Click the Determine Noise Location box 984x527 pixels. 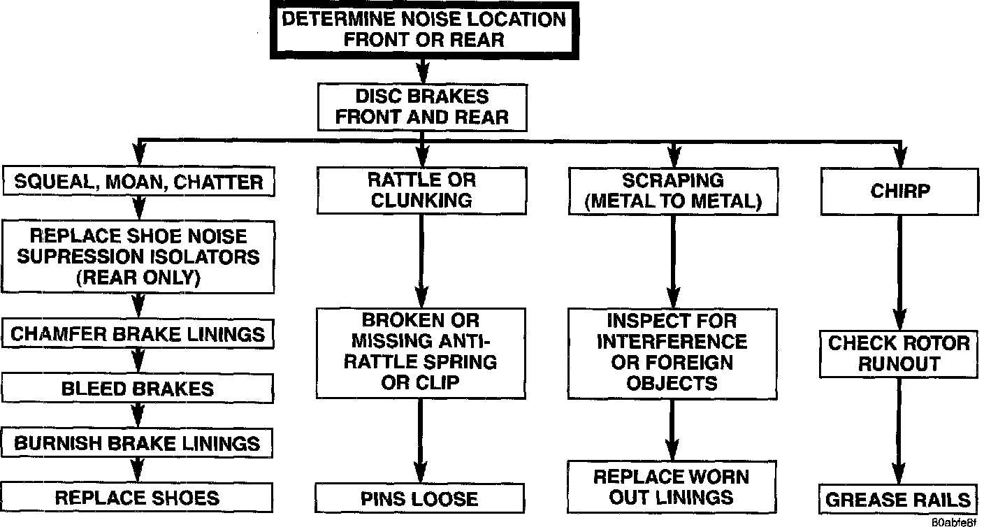pos(423,29)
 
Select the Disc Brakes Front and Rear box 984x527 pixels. pos(421,106)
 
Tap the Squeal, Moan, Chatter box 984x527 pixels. pos(138,183)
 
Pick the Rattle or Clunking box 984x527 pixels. pos(421,190)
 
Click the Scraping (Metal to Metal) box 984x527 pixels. pos(672,191)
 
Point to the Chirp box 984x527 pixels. pos(899,191)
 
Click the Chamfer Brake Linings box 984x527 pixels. pos(138,333)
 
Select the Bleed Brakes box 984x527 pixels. pos(138,389)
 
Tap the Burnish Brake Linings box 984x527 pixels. pos(138,443)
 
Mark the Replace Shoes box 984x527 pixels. pos(138,498)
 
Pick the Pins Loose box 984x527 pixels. pos(419,499)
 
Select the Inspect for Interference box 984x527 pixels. pos(672,353)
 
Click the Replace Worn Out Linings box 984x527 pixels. pos(672,486)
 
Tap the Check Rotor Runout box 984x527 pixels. pos(899,354)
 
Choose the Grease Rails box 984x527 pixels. pos(899,500)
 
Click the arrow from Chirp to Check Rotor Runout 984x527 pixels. pos(899,273)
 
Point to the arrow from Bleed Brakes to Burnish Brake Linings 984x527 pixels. pos(138,416)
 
